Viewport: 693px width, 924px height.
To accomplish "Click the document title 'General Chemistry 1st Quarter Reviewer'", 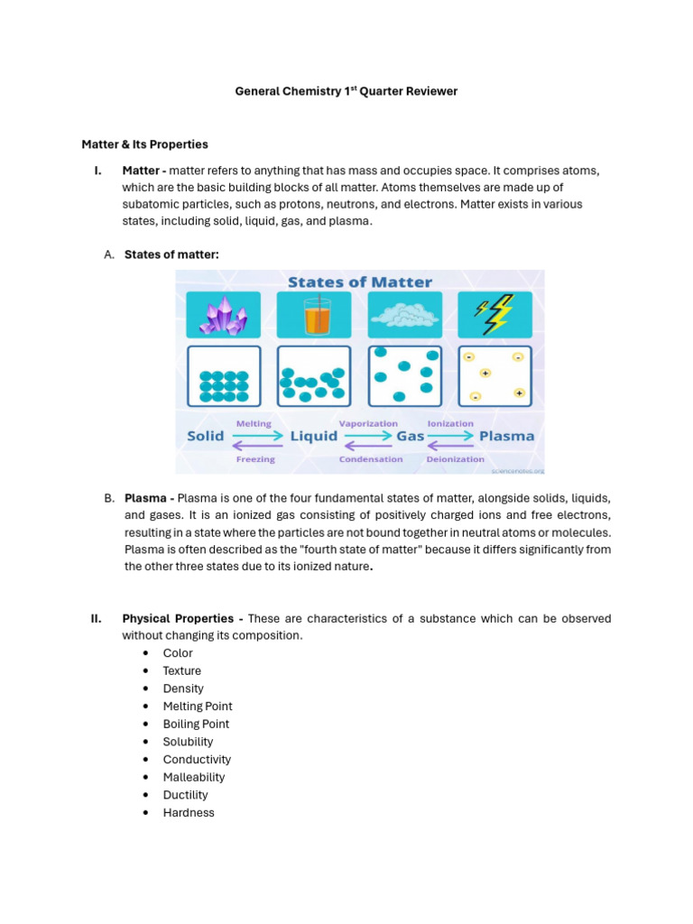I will point(346,91).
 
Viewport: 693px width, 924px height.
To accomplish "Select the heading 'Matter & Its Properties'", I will point(144,144).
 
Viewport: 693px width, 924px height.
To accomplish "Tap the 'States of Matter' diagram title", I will point(359,282).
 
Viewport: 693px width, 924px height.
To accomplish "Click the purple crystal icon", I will point(223,316).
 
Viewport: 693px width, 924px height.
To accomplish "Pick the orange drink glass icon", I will point(314,316).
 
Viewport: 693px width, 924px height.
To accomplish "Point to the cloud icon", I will point(404,315).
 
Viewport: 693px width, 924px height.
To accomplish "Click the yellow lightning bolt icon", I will point(494,315).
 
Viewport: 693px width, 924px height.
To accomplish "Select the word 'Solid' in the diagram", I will point(205,436).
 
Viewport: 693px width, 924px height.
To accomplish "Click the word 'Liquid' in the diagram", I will point(313,436).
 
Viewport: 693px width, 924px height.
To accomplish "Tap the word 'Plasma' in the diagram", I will point(506,436).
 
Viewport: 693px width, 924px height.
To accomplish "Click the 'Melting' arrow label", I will point(254,423).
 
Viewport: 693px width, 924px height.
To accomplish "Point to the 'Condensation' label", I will point(371,459).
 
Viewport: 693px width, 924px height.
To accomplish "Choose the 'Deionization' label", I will point(456,459).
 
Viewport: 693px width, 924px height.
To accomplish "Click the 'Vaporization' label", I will point(368,423).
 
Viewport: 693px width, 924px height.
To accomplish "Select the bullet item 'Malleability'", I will point(193,777).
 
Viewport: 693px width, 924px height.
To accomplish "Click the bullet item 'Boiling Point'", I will point(196,724).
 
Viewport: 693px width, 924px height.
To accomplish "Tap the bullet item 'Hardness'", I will point(189,812).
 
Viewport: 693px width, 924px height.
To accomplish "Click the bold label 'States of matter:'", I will point(171,254).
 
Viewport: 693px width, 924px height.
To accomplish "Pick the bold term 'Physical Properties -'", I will point(182,618).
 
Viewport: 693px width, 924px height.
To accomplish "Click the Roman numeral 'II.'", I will point(96,618).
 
